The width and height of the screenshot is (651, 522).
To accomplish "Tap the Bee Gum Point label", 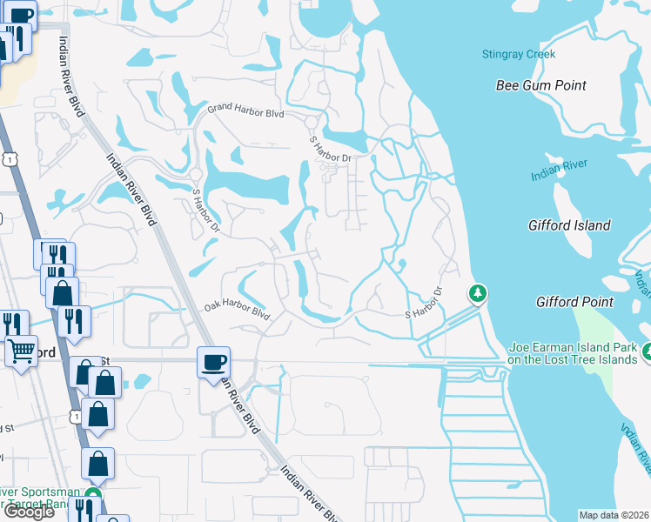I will (540, 85).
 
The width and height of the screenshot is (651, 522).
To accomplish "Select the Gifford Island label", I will (569, 225).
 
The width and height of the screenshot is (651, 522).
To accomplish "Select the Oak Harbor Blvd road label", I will (237, 309).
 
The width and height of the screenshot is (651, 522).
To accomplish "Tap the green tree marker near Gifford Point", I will (477, 294).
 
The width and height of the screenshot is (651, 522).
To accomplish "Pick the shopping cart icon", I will (22, 351).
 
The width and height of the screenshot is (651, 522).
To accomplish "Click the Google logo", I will (29, 512).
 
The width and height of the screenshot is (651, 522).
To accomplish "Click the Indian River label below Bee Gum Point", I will (560, 170).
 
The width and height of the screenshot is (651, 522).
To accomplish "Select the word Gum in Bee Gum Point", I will (540, 85).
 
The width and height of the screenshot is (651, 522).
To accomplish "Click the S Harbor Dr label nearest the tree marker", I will (424, 304).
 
